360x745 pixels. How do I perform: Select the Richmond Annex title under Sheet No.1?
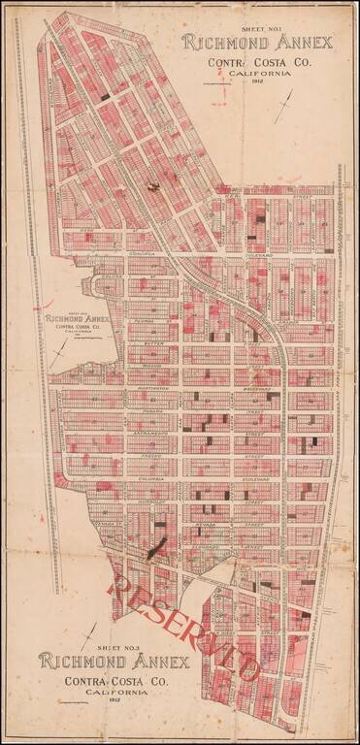256,44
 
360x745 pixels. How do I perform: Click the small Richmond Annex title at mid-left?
78,317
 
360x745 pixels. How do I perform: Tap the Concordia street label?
146,258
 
